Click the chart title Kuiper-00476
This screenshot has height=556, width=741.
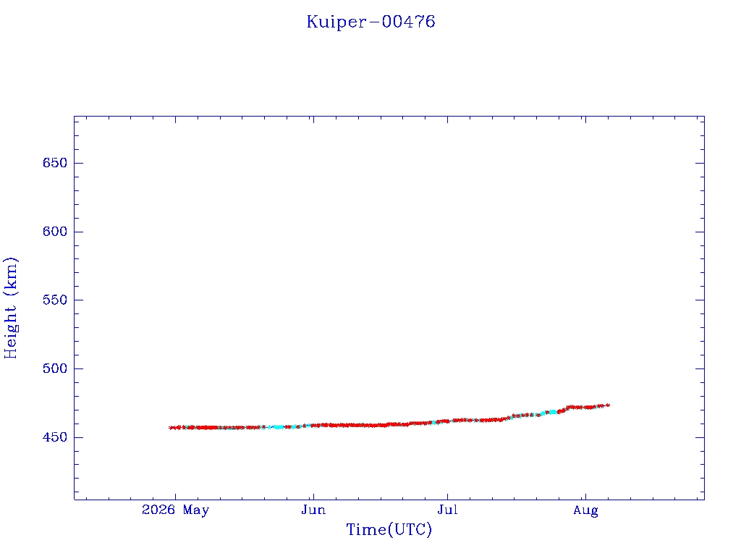pyautogui.click(x=371, y=22)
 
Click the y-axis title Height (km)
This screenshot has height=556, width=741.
pyautogui.click(x=11, y=308)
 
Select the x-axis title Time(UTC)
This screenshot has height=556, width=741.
pyautogui.click(x=389, y=529)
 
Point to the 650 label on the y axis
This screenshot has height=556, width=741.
pyautogui.click(x=55, y=163)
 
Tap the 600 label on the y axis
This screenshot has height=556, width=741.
pyautogui.click(x=55, y=232)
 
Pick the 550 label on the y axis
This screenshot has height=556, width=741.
pyautogui.click(x=55, y=300)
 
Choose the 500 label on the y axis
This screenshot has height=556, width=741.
pyautogui.click(x=55, y=368)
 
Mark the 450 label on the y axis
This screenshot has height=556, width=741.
pyautogui.click(x=55, y=437)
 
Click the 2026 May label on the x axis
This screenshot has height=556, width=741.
pyautogui.click(x=175, y=510)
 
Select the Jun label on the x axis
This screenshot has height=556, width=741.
pyautogui.click(x=313, y=510)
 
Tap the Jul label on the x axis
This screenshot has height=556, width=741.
pyautogui.click(x=447, y=510)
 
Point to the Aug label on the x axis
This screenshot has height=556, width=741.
pyautogui.click(x=586, y=510)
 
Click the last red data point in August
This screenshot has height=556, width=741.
pyautogui.click(x=608, y=405)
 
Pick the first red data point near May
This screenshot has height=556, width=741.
pyautogui.click(x=171, y=428)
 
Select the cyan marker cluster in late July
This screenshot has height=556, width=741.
pyautogui.click(x=552, y=412)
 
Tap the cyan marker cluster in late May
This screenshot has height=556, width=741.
pyautogui.click(x=279, y=427)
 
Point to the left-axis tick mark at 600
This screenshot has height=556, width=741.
pyautogui.click(x=78, y=232)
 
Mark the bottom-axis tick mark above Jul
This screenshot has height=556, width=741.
pyautogui.click(x=447, y=497)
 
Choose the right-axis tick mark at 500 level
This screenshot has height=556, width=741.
pyautogui.click(x=700, y=368)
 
